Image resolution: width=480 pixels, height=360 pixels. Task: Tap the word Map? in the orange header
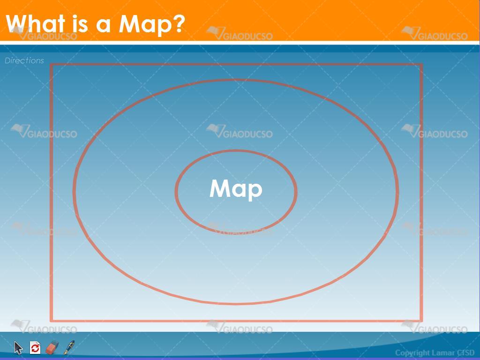[152, 24]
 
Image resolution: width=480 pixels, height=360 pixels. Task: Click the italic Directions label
[24, 60]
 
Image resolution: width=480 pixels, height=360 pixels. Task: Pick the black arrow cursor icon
[18, 348]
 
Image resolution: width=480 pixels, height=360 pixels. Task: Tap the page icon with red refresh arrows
[35, 347]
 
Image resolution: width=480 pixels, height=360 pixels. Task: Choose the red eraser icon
[52, 347]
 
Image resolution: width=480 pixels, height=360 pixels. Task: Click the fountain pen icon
[69, 347]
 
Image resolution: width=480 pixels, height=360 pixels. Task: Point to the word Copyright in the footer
[409, 352]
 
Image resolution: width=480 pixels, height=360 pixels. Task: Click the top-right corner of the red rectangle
[421, 65]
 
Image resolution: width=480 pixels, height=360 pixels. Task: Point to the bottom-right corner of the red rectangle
[421, 321]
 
